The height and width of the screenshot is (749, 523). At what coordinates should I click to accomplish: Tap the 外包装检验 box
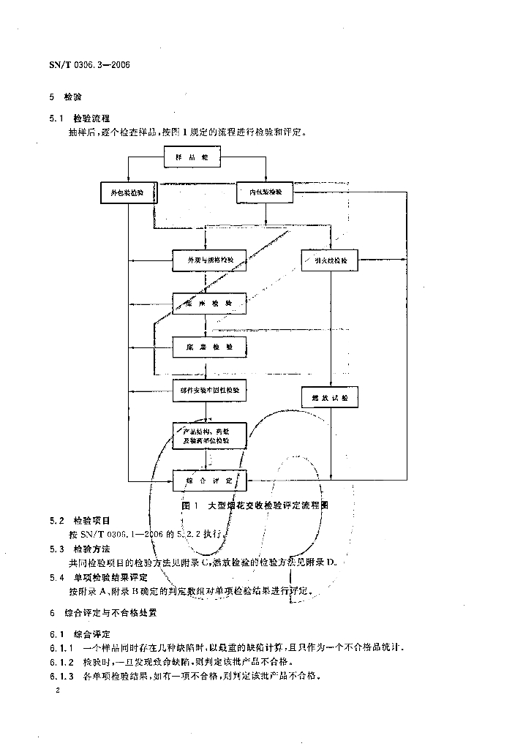(127, 192)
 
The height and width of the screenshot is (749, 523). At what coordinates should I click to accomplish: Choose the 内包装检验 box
(266, 192)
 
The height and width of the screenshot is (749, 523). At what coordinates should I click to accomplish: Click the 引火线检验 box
(330, 261)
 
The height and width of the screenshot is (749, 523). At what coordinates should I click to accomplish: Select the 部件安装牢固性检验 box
(208, 391)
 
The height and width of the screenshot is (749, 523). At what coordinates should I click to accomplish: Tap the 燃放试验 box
(330, 397)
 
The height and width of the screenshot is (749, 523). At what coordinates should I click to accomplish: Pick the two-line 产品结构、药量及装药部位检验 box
(208, 437)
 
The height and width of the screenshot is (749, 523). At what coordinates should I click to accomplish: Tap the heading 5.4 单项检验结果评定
(99, 576)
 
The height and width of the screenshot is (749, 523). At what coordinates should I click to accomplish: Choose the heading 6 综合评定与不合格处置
(102, 611)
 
